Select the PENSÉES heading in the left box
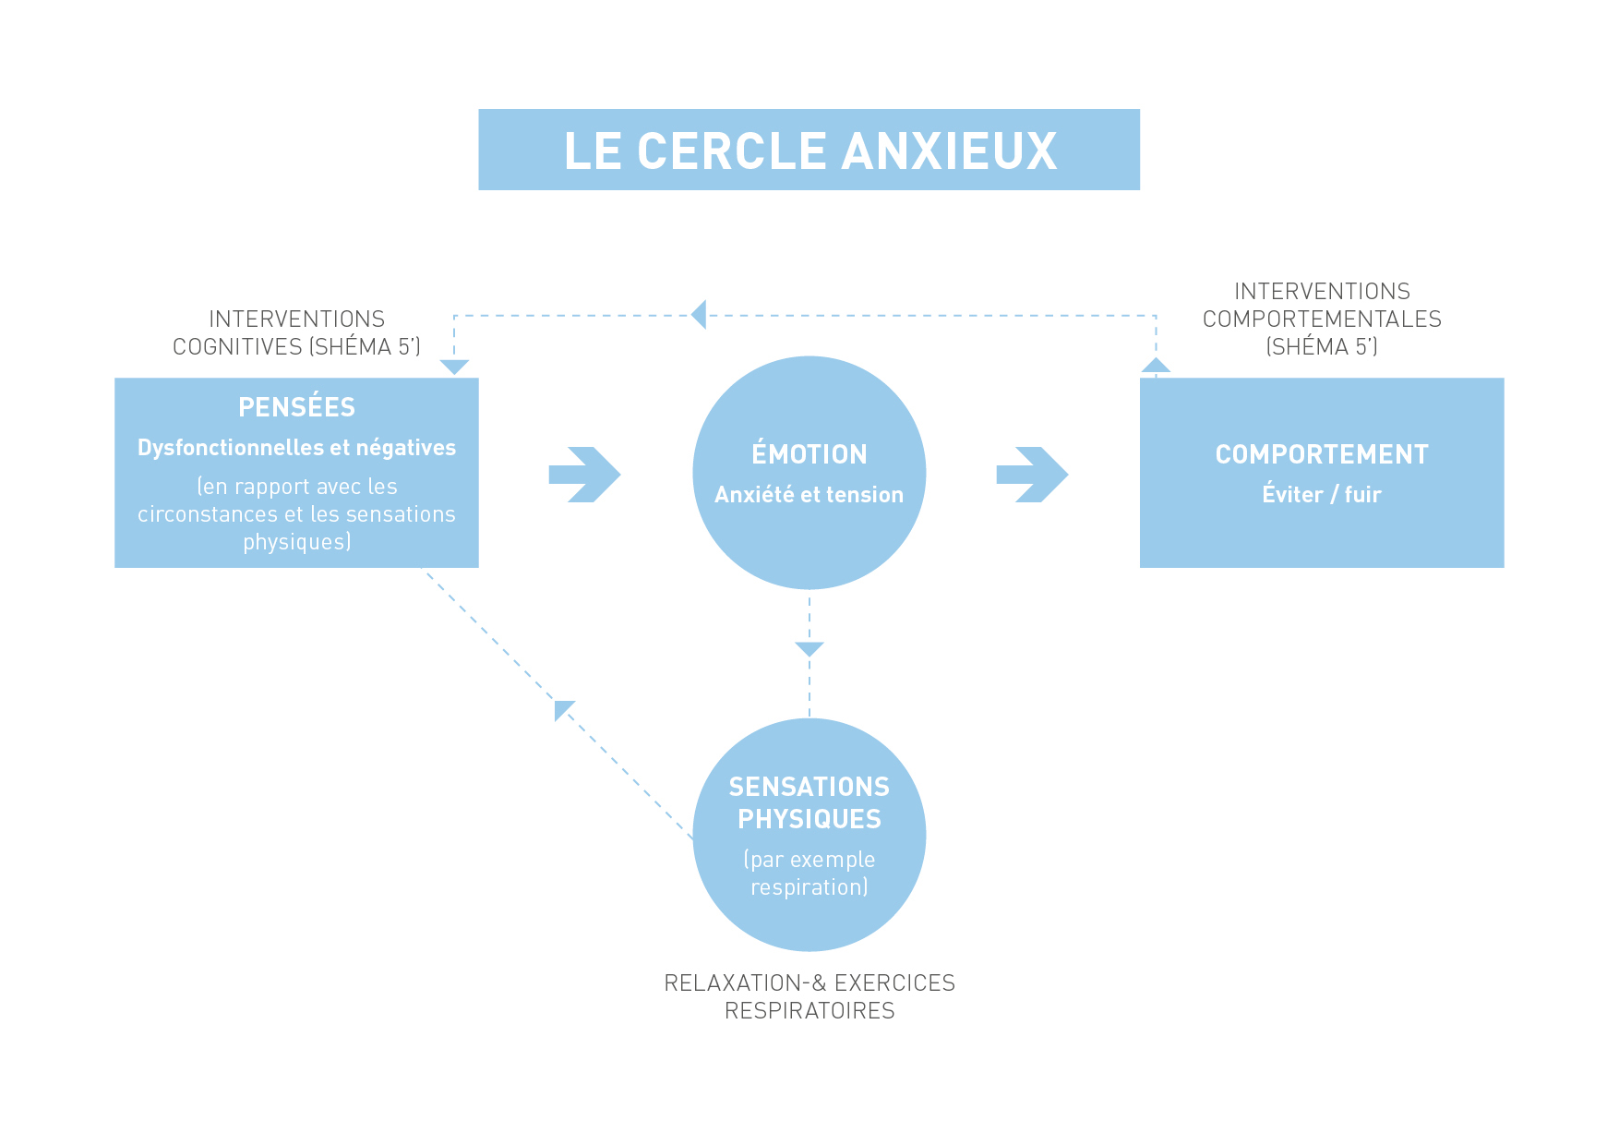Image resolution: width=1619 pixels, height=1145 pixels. click(x=296, y=407)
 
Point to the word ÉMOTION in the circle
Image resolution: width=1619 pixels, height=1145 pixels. click(x=809, y=454)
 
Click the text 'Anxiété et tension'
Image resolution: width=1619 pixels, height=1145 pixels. click(x=809, y=495)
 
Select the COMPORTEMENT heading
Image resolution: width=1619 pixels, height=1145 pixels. click(x=1322, y=454)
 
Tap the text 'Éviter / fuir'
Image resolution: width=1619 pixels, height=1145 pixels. click(x=1322, y=495)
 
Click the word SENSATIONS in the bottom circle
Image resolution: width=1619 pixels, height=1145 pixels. click(x=809, y=787)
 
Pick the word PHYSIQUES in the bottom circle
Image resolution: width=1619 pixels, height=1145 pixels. click(x=809, y=819)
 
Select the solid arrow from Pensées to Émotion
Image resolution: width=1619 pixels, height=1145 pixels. click(x=584, y=475)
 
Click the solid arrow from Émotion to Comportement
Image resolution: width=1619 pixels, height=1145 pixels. click(x=1032, y=475)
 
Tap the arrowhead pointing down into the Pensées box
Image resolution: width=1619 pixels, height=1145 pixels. click(x=454, y=367)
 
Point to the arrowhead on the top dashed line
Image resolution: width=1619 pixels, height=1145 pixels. click(x=700, y=315)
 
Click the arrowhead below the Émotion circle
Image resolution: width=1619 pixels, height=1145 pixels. click(x=809, y=649)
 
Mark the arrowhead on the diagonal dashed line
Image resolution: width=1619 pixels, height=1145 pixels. click(x=562, y=709)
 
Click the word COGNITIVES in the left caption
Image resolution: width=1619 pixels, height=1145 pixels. click(x=238, y=347)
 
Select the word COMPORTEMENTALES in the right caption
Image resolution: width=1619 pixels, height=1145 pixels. click(x=1322, y=319)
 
